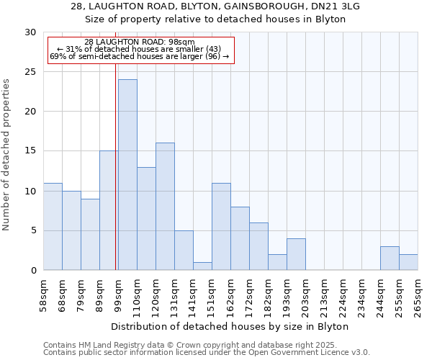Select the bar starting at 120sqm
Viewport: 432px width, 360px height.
pos(165,207)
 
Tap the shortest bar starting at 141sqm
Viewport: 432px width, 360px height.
pos(202,266)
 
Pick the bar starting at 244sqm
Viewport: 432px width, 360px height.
pos(390,258)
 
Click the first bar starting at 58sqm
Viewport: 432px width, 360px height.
pos(53,227)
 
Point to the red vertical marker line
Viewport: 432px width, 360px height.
pos(116,166)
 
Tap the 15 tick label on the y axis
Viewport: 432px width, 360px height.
pos(30,151)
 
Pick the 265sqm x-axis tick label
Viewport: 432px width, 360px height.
pos(418,295)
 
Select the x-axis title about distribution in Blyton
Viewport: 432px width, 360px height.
pos(230,326)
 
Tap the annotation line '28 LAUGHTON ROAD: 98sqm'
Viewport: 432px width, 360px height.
pos(140,42)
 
